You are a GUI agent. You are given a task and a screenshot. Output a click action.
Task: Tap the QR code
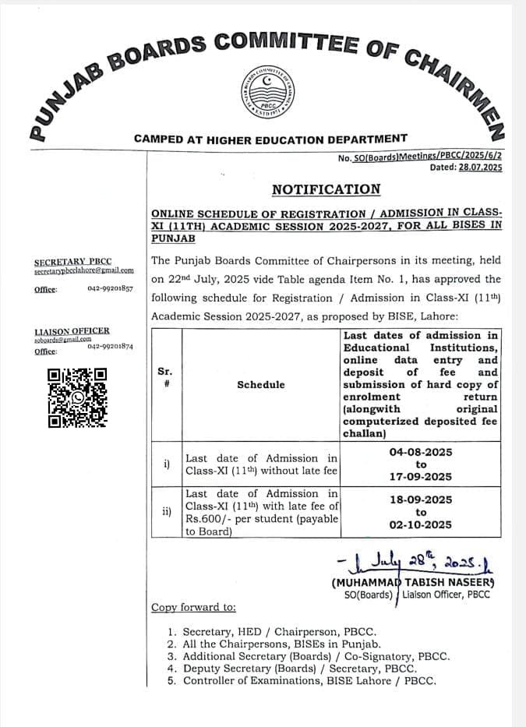coord(78,397)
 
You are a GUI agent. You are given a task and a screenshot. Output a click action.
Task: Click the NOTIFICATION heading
coord(326,189)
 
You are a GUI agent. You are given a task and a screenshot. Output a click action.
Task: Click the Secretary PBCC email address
coord(83,271)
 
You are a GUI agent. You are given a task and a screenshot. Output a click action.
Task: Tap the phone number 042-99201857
coord(110,289)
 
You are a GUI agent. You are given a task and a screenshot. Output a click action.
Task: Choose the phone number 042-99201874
coord(110,347)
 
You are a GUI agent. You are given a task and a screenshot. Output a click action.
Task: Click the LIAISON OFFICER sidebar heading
coord(72,331)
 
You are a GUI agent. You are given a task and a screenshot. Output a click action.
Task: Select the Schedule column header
coord(261,385)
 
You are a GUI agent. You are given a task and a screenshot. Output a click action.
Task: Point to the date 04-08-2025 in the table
coord(421,452)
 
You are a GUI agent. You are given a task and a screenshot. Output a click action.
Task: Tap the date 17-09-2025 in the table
coord(421,477)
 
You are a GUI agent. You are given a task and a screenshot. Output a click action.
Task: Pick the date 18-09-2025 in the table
coord(421,499)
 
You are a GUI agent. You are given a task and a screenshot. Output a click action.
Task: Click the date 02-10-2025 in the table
coord(421,524)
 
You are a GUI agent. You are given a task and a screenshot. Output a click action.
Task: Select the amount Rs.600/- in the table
coord(209,519)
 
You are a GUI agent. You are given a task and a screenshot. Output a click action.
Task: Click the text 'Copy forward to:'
coord(193,607)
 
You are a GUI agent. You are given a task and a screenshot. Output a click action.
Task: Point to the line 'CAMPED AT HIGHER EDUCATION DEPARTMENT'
coord(270,139)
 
